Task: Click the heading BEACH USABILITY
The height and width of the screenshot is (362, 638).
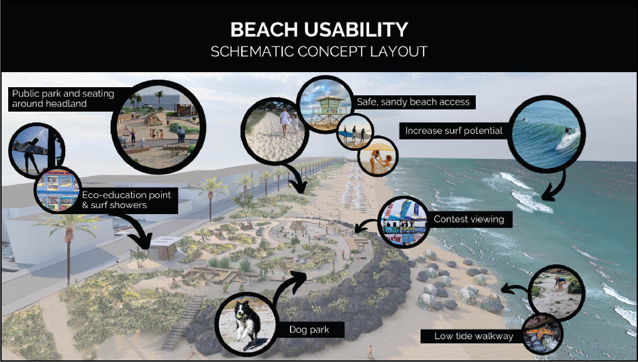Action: tap(319, 29)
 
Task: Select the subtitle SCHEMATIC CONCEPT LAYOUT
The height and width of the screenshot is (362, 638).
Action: tap(319, 52)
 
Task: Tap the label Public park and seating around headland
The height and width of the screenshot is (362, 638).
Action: tap(63, 99)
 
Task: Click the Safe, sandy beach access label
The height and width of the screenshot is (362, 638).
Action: tap(413, 102)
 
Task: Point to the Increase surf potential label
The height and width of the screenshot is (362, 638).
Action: tap(454, 131)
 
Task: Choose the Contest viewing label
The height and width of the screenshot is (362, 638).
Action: tap(469, 219)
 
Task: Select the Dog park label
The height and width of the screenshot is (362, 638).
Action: tap(309, 330)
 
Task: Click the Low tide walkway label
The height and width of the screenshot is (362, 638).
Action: tap(474, 336)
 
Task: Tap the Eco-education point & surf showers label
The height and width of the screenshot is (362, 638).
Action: tap(126, 200)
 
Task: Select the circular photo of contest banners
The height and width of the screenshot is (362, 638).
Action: tap(404, 222)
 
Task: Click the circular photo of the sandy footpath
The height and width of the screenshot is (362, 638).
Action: tap(274, 132)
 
